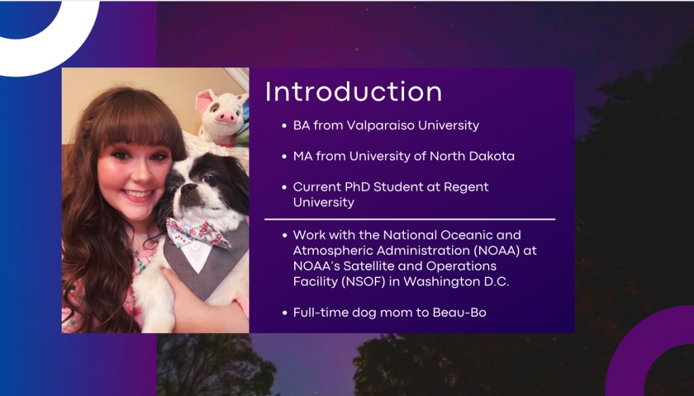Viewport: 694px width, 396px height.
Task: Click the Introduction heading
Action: [353, 92]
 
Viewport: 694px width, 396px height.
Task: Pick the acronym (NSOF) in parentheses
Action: [363, 281]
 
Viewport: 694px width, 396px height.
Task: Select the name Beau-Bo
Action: [460, 313]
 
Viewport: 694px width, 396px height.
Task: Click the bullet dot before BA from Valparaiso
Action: [285, 126]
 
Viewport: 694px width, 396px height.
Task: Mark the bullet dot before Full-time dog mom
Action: [285, 313]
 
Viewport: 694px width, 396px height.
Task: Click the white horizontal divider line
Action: [410, 219]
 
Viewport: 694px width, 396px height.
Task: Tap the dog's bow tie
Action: [197, 233]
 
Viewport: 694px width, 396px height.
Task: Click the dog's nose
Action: [189, 188]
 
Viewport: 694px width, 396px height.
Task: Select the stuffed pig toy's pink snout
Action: [226, 117]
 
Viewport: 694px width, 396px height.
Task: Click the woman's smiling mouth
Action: [138, 195]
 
